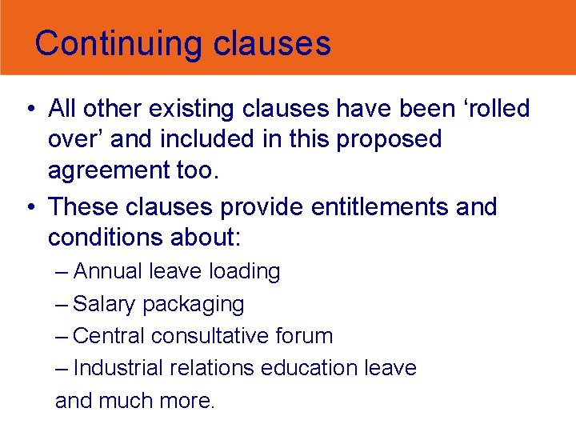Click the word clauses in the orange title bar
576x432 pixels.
272,43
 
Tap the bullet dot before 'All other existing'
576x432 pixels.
29,109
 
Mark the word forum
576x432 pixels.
306,336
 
